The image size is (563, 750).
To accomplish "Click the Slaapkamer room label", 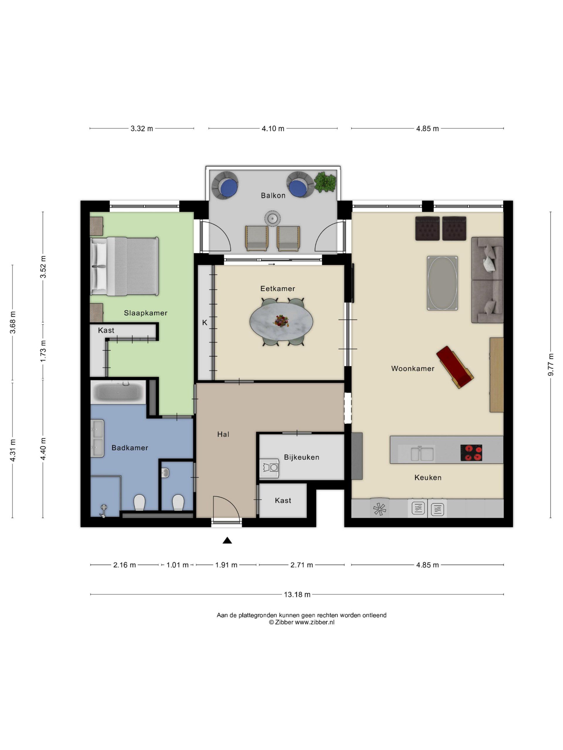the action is tap(145, 313).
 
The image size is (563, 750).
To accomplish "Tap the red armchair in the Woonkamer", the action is tap(455, 367).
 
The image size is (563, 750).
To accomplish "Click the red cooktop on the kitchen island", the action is tap(471, 453).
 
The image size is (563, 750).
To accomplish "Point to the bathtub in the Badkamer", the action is tap(118, 393).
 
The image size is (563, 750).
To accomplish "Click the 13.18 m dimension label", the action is tap(297, 594).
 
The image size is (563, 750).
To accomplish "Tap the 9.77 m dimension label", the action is tap(550, 364).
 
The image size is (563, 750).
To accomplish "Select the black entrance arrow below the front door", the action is tap(227, 541).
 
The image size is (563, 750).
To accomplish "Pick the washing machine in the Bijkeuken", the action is tap(269, 468).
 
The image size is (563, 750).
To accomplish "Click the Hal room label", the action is tap(223, 434).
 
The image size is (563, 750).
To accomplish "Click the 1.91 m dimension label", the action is tap(226, 565).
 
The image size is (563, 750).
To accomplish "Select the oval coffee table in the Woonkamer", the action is tap(442, 283).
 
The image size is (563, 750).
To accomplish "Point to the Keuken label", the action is tap(428, 478).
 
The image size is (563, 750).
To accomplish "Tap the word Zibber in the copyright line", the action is tap(284, 622).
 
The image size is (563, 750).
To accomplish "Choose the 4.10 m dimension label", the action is tap(273, 129).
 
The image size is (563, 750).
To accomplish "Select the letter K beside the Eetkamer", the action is tap(205, 323).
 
